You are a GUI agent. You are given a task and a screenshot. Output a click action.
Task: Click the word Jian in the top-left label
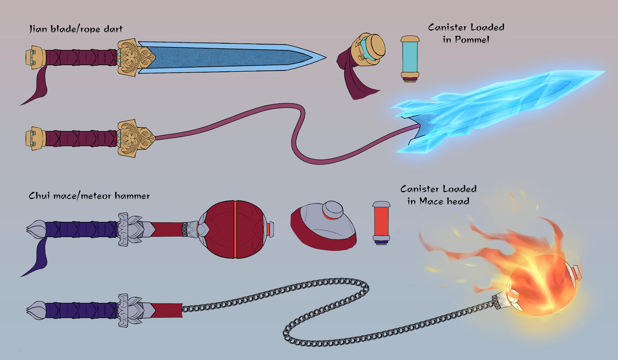click(38, 29)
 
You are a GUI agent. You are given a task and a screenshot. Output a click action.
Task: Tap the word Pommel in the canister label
click(472, 40)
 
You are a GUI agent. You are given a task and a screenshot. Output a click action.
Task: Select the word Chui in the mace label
click(39, 195)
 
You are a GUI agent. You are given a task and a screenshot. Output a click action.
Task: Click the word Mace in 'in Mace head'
click(431, 201)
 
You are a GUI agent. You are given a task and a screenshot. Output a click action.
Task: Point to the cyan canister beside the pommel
click(410, 59)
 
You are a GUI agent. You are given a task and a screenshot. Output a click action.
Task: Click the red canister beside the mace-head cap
click(381, 223)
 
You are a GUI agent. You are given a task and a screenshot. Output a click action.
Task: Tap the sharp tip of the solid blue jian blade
click(326, 58)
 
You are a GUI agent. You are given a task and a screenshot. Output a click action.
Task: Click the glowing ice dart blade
click(497, 111)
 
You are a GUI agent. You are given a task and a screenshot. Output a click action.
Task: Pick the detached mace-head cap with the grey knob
click(323, 226)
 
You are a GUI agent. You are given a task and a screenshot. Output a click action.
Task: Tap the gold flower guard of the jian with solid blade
click(135, 57)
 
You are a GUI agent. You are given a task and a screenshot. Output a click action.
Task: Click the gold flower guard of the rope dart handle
click(135, 139)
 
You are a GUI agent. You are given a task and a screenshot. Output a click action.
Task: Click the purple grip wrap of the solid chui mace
click(81, 229)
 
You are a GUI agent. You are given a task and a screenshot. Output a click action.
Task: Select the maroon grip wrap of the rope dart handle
click(81, 139)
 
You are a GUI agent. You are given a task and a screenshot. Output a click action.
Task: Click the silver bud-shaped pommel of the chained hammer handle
click(36, 311)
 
